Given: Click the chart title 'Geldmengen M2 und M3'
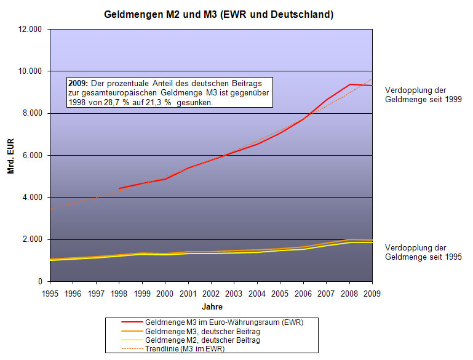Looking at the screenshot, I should coord(218,14).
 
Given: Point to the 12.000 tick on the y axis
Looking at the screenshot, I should coord(29,29).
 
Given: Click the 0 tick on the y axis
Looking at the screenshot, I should coord(39,281).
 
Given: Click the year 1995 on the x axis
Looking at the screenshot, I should coord(50,293).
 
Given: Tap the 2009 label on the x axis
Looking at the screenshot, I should coord(372,293).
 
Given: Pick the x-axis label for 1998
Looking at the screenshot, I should coord(119,293).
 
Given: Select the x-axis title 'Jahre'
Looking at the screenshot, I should coord(211,306).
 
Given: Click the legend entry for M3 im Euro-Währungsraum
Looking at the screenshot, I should coord(224,322).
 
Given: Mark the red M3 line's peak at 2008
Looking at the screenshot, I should coord(349,84).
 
